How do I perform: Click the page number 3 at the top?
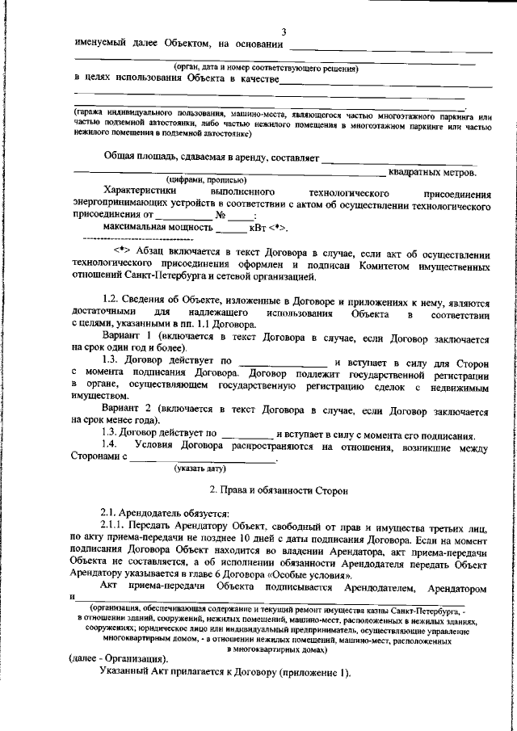[283, 32]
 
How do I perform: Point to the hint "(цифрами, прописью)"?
[200, 181]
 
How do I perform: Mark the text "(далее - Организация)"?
[120, 658]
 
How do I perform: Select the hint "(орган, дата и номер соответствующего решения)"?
[266, 68]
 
